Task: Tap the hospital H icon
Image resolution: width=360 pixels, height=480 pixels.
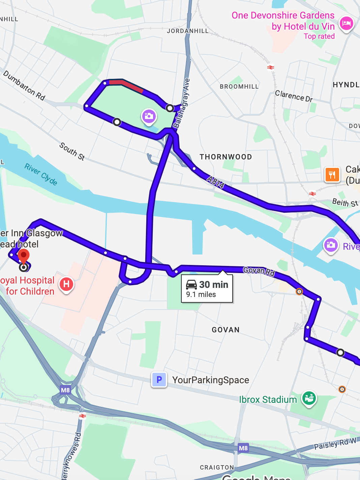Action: [x=66, y=284]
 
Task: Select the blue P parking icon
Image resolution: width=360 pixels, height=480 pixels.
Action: [x=159, y=380]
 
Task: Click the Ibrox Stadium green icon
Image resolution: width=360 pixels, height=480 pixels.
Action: [x=309, y=398]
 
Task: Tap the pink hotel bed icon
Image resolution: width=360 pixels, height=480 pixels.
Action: [x=346, y=24]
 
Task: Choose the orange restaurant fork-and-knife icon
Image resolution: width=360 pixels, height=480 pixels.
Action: [x=332, y=174]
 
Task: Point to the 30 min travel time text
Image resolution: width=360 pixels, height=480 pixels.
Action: [x=214, y=285]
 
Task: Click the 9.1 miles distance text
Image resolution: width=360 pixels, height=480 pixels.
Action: [x=201, y=295]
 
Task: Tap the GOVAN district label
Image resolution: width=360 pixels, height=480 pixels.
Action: [x=226, y=330]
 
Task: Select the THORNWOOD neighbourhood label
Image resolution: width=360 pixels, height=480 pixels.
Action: [x=226, y=157]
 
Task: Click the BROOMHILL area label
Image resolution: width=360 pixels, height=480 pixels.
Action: [x=239, y=87]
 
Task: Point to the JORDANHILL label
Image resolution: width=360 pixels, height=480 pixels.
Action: [x=188, y=31]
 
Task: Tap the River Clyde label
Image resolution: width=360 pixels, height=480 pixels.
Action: [x=41, y=174]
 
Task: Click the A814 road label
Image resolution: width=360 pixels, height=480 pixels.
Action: [x=215, y=182]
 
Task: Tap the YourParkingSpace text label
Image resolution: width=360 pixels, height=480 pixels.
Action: [x=211, y=380]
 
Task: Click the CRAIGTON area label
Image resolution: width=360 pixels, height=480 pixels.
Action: [x=217, y=468]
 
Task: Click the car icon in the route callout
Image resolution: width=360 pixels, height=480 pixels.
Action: [x=191, y=284]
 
